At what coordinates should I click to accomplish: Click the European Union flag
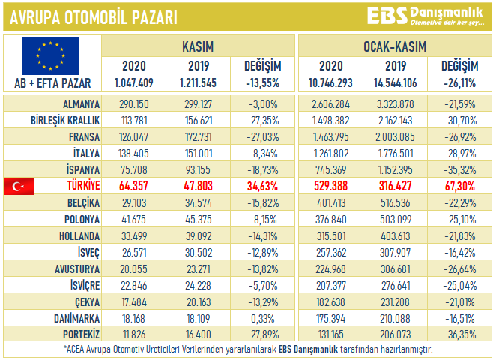pyautogui.click(x=50, y=53)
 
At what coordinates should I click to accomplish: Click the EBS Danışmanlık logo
pyautogui.click(x=425, y=16)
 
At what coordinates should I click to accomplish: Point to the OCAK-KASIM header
pyautogui.click(x=396, y=47)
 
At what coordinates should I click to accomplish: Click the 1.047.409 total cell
pyautogui.click(x=134, y=82)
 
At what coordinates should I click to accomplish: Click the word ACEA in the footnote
pyautogui.click(x=73, y=349)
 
